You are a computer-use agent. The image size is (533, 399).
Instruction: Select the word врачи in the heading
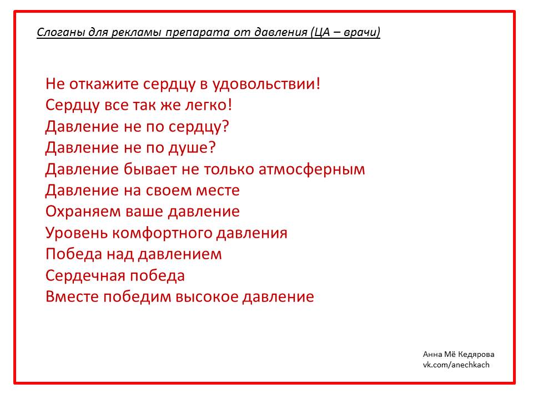point(362,32)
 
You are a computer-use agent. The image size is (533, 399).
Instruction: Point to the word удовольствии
point(266,84)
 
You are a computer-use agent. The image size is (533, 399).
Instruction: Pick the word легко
point(208,105)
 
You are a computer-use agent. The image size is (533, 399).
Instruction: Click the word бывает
point(150,169)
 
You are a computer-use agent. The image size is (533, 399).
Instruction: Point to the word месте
point(218,191)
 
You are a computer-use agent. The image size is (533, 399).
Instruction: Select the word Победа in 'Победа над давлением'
point(74,254)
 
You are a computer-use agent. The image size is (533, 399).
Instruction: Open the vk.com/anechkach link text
point(456,365)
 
